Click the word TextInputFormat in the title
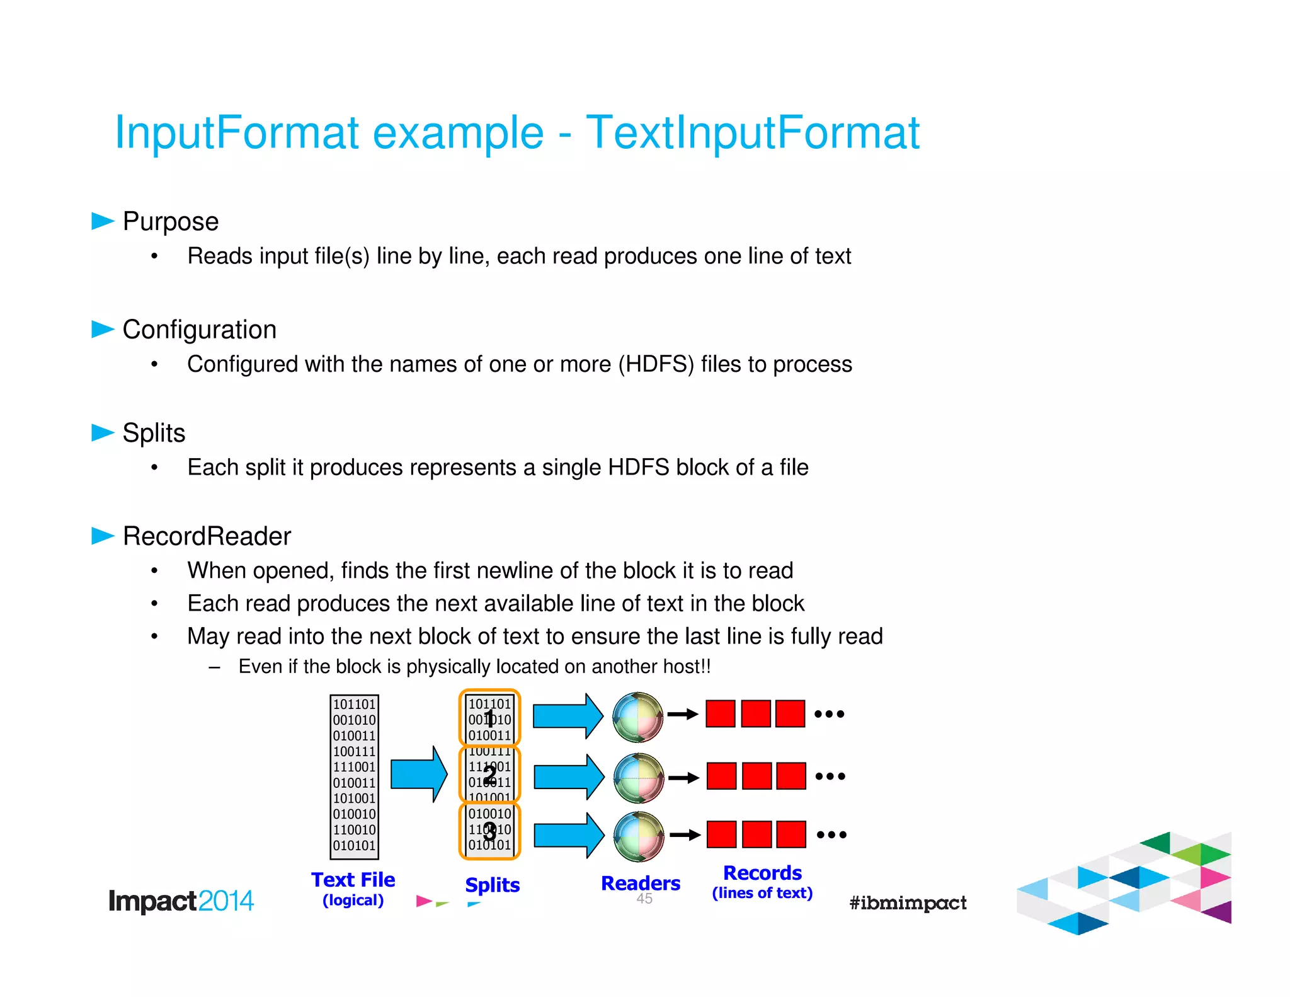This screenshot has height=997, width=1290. coord(752,133)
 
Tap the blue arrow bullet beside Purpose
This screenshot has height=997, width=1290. coord(102,221)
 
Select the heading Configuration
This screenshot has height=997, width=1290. coord(199,330)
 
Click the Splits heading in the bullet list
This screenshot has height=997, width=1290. coord(154,433)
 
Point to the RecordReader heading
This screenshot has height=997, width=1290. coord(207,536)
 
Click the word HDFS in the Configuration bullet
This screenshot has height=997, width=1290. coord(656,364)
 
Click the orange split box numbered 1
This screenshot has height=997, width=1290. coord(489,717)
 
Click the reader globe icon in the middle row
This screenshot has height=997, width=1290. coord(638,778)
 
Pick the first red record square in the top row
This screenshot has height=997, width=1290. coord(721,714)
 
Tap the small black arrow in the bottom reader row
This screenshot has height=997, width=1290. coord(685,835)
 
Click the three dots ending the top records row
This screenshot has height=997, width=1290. coord(829,714)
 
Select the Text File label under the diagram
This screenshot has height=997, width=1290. coord(353,880)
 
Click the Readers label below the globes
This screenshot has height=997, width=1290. coord(640,884)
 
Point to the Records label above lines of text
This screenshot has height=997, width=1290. coord(762,873)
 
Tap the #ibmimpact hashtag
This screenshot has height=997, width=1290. coord(908,903)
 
